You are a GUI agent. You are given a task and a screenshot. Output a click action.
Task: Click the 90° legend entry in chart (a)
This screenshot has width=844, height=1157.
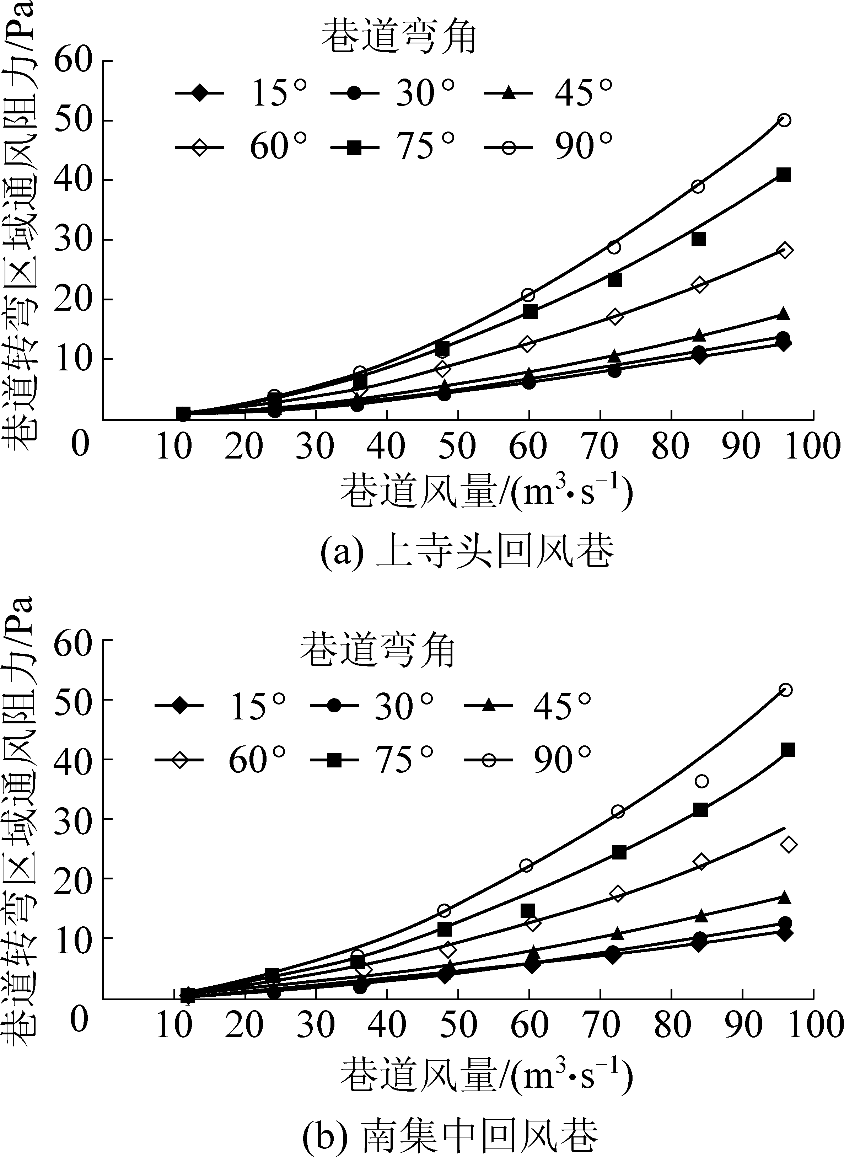549,147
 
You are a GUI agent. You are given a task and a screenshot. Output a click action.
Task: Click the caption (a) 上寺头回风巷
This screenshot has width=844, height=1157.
467,552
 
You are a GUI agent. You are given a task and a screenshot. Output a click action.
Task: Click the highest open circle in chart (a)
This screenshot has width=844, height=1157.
784,120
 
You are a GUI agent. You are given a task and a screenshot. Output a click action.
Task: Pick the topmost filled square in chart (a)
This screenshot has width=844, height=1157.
784,175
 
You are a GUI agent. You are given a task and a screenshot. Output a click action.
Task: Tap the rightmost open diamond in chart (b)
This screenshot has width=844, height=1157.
788,845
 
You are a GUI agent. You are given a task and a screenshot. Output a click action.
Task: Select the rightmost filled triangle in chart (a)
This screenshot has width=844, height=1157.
784,314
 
